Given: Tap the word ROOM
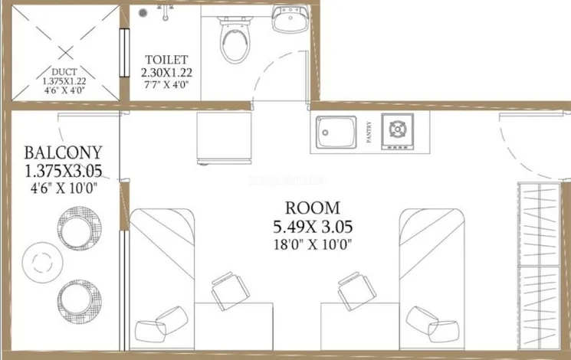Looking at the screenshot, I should point(312,208).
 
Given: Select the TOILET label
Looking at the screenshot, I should point(166,59).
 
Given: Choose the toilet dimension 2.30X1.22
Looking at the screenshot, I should point(166,73).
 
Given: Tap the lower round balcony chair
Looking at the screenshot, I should point(78,297).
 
